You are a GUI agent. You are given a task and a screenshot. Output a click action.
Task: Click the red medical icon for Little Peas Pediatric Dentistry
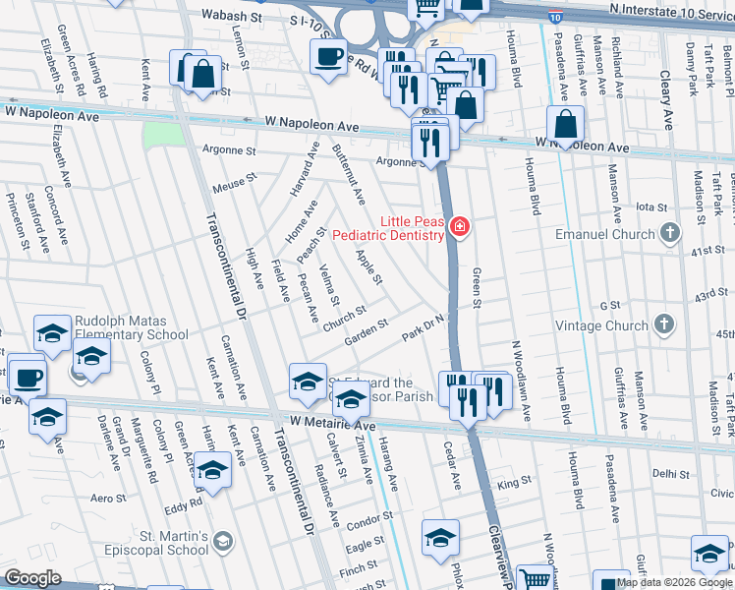click(458, 229)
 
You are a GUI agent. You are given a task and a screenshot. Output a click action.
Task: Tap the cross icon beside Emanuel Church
click(670, 234)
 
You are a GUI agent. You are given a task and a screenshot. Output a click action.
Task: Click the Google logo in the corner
click(32, 578)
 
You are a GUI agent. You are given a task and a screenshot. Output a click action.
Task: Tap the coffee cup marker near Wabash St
click(329, 55)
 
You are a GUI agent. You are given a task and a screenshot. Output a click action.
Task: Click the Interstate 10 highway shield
click(555, 17)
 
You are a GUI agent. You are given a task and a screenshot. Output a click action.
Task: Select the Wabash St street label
click(232, 16)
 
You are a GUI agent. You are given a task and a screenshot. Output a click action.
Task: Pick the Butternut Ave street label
click(349, 169)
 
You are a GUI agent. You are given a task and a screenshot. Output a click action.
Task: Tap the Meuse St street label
click(234, 183)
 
